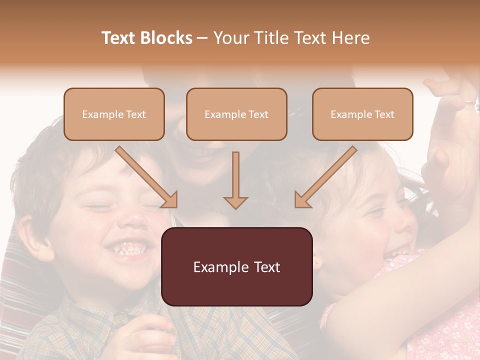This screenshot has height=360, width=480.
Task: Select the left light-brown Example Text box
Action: [114, 114]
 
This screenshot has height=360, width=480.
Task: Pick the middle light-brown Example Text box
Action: [236, 114]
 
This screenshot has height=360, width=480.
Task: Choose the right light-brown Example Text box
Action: [362, 114]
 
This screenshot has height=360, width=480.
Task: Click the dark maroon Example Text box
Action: [236, 267]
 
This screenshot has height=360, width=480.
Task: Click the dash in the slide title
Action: [202, 38]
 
